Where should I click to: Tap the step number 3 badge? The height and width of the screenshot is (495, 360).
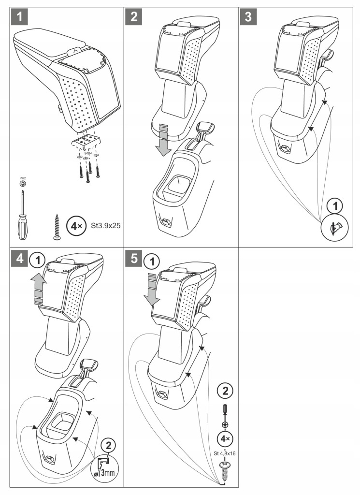click(x=248, y=18)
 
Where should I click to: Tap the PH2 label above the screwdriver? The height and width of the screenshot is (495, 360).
click(x=22, y=179)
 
